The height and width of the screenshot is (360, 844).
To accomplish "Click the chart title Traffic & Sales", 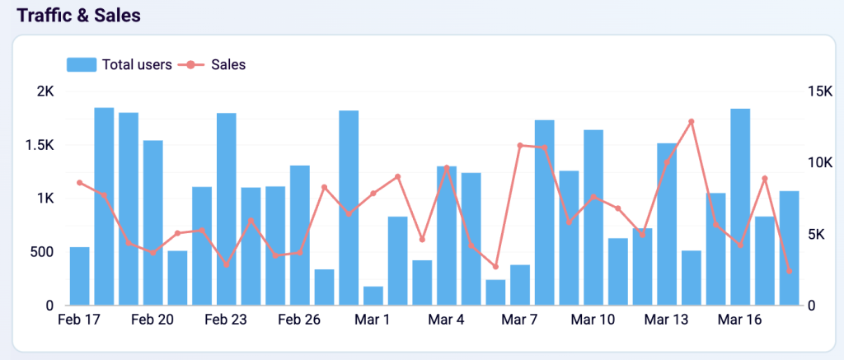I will [79, 16].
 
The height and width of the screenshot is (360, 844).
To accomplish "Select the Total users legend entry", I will [120, 64].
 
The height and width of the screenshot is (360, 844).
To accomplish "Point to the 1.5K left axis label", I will [39, 145].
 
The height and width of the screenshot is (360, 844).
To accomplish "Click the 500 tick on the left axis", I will [42, 252].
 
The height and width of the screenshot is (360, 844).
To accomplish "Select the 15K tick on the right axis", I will [820, 91].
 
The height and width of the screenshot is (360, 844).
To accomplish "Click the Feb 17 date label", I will [79, 320].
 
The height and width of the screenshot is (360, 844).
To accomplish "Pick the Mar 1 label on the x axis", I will [373, 320].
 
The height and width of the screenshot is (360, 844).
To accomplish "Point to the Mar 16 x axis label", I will [739, 320].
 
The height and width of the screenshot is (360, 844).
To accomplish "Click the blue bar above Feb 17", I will [80, 276].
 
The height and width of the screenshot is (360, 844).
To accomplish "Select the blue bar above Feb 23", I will [227, 209].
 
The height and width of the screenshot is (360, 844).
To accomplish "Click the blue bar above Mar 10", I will [593, 217].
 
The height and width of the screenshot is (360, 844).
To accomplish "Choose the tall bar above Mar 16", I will [740, 207].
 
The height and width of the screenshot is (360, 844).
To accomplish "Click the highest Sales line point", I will [692, 122].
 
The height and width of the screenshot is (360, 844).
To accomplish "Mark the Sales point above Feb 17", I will [80, 183].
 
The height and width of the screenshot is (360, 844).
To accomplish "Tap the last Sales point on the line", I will [790, 271].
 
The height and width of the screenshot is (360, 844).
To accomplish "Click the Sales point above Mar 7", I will [520, 146].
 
